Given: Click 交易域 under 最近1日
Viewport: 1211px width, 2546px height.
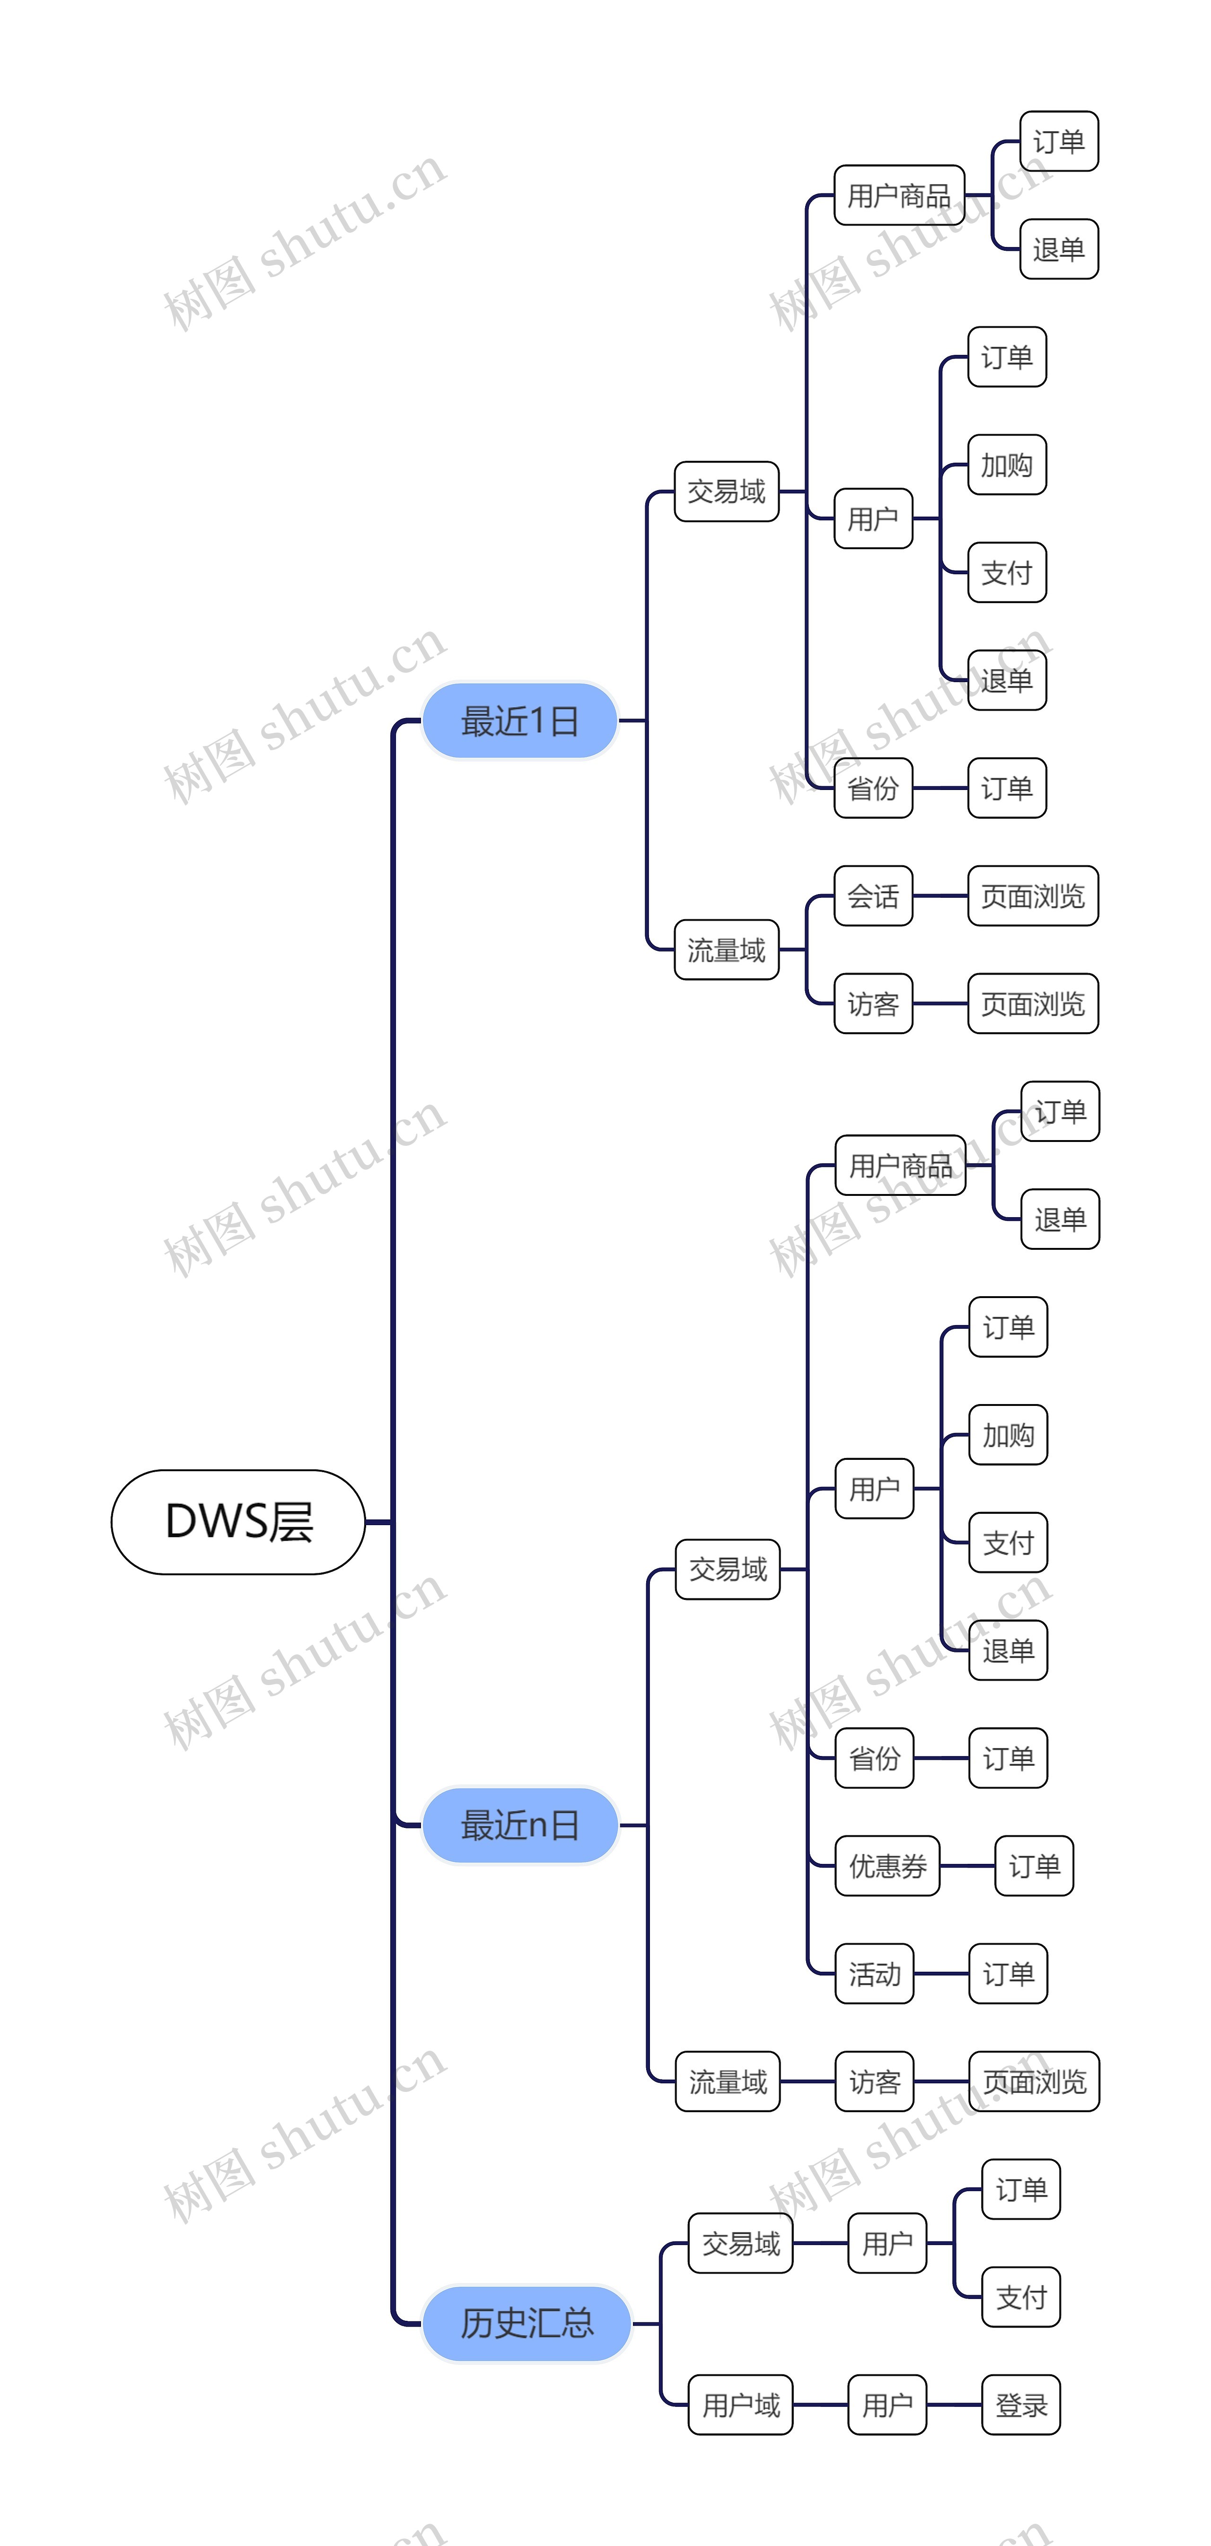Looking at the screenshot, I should tap(727, 491).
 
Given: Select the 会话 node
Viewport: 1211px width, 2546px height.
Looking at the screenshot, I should tap(873, 896).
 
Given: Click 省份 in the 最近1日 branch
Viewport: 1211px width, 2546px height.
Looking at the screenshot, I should tap(873, 788).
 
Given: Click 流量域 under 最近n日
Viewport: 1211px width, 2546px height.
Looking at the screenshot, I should tap(728, 2081).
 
